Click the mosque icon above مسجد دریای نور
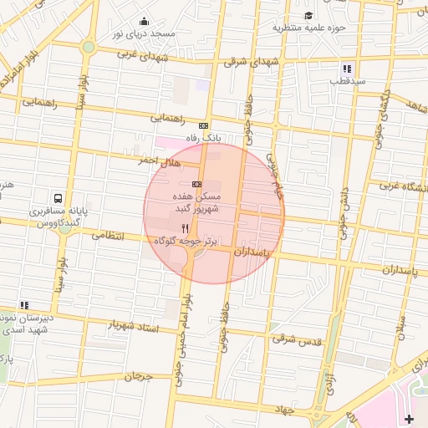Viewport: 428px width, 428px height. coord(145,22)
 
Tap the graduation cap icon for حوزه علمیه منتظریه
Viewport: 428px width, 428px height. coord(308,16)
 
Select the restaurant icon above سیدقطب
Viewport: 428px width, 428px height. coord(346,69)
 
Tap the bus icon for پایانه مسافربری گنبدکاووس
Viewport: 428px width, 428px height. coord(58,199)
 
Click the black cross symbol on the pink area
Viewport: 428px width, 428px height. coord(408,417)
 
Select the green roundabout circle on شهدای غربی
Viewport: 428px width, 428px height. coord(88,47)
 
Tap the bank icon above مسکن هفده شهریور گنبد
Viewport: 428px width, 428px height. coord(196,183)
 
